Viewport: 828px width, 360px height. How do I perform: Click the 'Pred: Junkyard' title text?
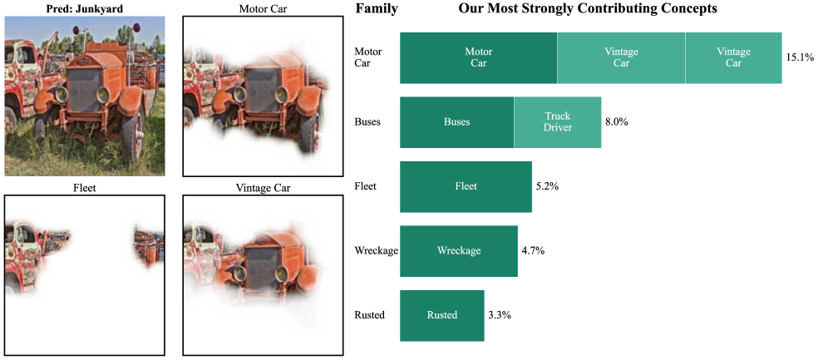click(x=85, y=8)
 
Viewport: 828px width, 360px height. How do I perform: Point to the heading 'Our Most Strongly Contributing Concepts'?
click(x=588, y=8)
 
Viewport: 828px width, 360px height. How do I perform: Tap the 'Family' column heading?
click(x=377, y=8)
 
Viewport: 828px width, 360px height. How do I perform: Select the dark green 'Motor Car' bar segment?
click(x=478, y=57)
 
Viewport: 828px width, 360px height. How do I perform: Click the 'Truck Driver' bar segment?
click(x=558, y=122)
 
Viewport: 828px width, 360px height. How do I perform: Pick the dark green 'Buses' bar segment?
click(x=456, y=122)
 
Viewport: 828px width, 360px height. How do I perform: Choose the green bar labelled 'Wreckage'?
click(x=459, y=251)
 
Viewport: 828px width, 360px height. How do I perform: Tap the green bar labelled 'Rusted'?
click(x=442, y=315)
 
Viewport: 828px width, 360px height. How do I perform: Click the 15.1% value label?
click(x=800, y=57)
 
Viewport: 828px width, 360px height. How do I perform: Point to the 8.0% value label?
click(x=616, y=122)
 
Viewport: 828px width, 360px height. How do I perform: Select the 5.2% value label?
click(x=547, y=186)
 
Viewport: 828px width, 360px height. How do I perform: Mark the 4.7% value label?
click(x=533, y=251)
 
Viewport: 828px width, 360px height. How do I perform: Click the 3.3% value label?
click(x=499, y=315)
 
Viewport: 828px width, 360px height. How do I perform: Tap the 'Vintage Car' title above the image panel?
click(x=263, y=187)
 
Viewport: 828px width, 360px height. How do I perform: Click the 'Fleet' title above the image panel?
click(x=85, y=187)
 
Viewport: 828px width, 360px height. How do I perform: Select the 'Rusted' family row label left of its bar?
click(x=370, y=315)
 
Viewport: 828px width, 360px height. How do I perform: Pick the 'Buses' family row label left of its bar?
click(x=367, y=122)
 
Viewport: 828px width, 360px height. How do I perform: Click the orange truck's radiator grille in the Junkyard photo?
click(x=84, y=89)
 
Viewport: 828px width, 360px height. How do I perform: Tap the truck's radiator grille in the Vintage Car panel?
click(x=263, y=269)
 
